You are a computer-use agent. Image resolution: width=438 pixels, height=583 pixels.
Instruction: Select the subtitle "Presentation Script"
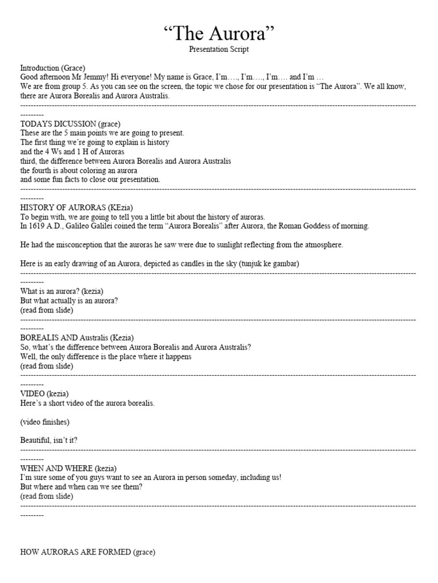coord(219,50)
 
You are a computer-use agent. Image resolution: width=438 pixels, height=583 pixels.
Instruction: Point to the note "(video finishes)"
coord(45,422)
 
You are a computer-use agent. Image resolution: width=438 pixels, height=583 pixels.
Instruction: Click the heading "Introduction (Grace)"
coord(52,68)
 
